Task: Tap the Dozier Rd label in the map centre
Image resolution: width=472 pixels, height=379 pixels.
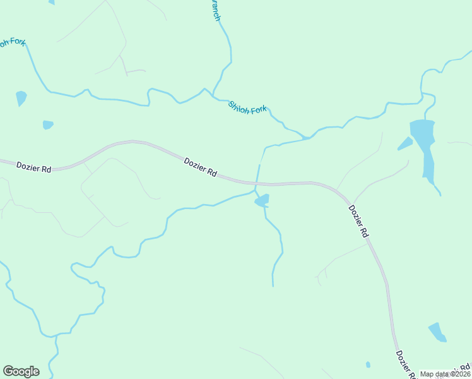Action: pyautogui.click(x=201, y=167)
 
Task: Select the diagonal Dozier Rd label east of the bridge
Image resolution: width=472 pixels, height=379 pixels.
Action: pyautogui.click(x=358, y=220)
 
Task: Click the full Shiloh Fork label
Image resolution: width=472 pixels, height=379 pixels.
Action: pyautogui.click(x=248, y=107)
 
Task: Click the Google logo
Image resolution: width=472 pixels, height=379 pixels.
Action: pyautogui.click(x=21, y=371)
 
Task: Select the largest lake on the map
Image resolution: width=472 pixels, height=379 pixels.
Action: pyautogui.click(x=423, y=146)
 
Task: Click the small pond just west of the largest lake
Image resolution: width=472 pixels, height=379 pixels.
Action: pyautogui.click(x=404, y=144)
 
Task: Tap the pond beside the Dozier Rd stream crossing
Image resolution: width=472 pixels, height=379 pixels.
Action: pyautogui.click(x=262, y=201)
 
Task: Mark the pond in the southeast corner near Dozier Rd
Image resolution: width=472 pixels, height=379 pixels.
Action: pyautogui.click(x=437, y=332)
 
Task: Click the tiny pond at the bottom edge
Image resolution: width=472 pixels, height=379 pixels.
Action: pyautogui.click(x=368, y=364)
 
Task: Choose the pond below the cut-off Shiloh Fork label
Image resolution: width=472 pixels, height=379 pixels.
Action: pyautogui.click(x=21, y=98)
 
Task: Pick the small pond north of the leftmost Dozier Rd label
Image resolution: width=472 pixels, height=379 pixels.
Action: pyautogui.click(x=48, y=124)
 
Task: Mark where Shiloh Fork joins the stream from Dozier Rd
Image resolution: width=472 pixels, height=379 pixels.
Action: pyautogui.click(x=307, y=137)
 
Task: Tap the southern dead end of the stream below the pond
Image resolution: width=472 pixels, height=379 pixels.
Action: pyautogui.click(x=273, y=286)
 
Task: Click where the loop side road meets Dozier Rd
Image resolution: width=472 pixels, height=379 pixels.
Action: pyautogui.click(x=84, y=162)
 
